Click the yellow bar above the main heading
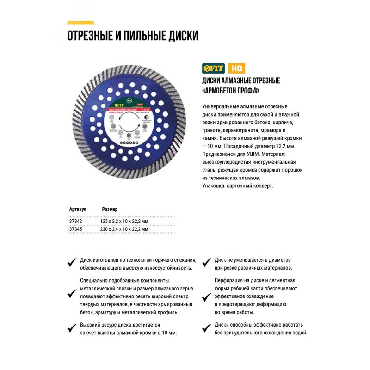pos(80,23)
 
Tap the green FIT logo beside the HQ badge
pos(213,68)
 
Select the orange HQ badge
pos(235,68)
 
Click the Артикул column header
pos(77,209)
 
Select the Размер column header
pos(110,209)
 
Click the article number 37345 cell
pos(75,229)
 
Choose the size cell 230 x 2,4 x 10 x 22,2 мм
pos(124,229)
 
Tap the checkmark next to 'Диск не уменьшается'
pos(207,263)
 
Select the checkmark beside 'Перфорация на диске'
pos(207,293)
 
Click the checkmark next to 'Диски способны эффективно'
pos(207,328)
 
